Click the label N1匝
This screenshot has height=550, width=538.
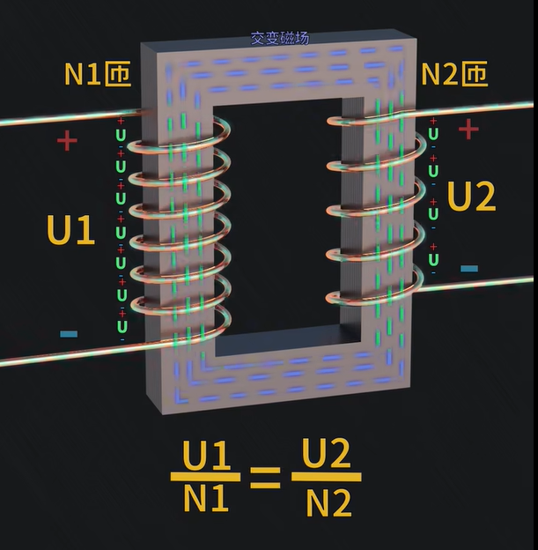(97, 75)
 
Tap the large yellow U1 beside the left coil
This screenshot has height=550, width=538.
(70, 231)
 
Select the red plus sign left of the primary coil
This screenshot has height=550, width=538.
(67, 140)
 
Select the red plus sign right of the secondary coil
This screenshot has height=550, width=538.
(468, 130)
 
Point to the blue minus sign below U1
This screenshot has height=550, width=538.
(68, 334)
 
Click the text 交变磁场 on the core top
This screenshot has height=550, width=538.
(280, 39)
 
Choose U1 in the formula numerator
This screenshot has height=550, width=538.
(206, 457)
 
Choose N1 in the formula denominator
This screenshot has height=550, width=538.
(206, 500)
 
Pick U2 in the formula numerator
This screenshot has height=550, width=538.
(326, 455)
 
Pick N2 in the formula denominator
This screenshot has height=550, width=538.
(328, 502)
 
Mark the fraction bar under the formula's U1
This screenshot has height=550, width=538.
(206, 477)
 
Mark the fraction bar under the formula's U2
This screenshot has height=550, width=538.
(326, 478)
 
